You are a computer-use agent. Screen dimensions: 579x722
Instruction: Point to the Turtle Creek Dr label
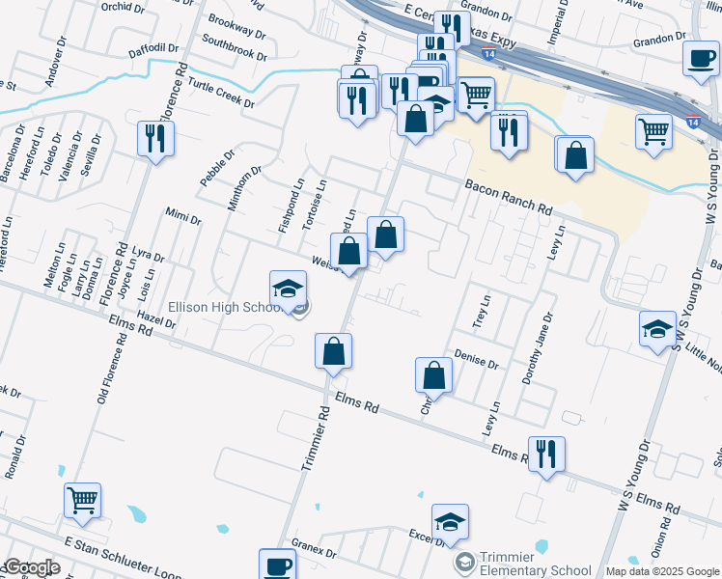(221, 94)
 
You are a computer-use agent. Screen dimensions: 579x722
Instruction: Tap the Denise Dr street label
(476, 361)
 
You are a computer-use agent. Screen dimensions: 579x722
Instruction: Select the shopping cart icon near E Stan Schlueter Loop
(82, 500)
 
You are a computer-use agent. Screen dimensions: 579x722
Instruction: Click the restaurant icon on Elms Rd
(546, 454)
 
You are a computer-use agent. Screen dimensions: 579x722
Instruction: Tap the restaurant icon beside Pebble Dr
(154, 139)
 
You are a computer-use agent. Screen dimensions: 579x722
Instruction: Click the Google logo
(31, 567)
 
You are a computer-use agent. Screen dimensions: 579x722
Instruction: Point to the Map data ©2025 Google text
(661, 571)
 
